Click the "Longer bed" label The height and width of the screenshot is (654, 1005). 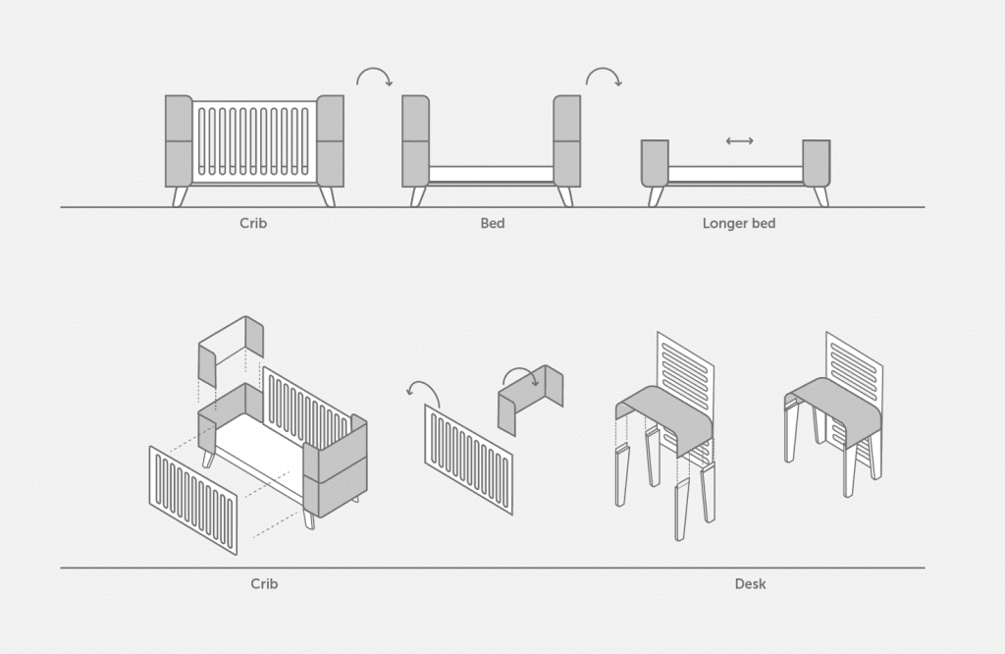(x=738, y=223)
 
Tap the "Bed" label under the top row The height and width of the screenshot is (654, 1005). (x=493, y=223)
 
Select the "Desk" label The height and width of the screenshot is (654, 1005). (x=750, y=583)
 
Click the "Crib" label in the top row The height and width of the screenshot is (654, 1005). (x=253, y=223)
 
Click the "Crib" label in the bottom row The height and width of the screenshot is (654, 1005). (x=264, y=583)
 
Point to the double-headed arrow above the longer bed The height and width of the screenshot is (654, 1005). (x=740, y=141)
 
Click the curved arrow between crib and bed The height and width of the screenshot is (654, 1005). (x=374, y=77)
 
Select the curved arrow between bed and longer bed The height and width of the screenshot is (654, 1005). (x=604, y=77)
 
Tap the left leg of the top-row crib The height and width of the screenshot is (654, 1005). (x=180, y=196)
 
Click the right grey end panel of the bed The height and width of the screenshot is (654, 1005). (x=566, y=141)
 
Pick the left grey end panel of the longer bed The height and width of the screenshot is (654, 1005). (x=655, y=163)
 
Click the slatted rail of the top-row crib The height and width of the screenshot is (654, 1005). (x=254, y=141)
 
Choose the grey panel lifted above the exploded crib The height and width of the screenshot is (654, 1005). (x=231, y=351)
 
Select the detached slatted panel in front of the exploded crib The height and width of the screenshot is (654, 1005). (x=193, y=500)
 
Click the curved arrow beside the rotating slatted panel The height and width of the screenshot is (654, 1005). (x=423, y=393)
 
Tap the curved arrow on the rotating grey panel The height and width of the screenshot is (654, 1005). (x=520, y=377)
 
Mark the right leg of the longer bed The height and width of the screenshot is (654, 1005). (x=821, y=196)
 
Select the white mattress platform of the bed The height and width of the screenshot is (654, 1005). (x=491, y=175)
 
